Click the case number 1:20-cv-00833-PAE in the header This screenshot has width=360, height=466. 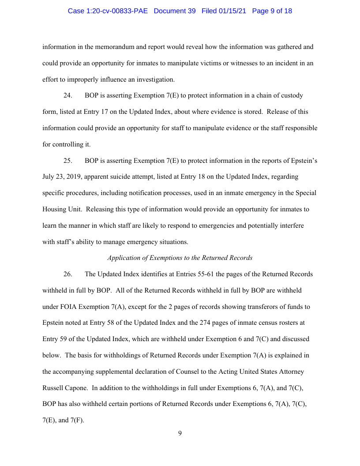(108, 11)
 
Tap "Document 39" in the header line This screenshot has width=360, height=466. (174, 11)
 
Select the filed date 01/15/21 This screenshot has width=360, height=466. (234, 11)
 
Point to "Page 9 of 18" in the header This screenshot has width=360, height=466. (272, 11)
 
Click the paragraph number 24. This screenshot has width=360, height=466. (68, 96)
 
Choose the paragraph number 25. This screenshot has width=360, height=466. (68, 161)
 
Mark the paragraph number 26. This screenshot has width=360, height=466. (68, 274)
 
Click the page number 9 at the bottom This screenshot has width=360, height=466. (180, 433)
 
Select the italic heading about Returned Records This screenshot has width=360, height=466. (180, 258)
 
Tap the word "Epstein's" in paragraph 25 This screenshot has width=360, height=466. (302, 161)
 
